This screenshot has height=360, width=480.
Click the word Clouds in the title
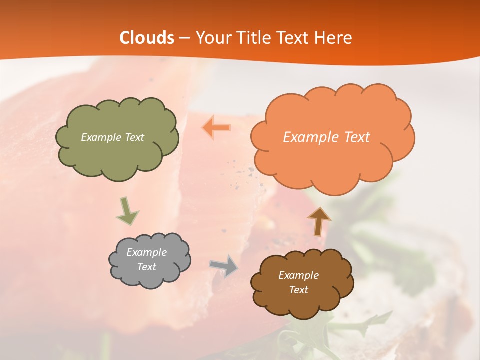click(x=147, y=38)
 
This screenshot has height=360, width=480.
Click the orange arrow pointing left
click(x=216, y=128)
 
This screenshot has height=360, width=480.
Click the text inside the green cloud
click(x=112, y=137)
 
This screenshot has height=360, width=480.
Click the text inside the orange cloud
click(x=326, y=137)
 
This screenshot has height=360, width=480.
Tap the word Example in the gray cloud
click(x=146, y=252)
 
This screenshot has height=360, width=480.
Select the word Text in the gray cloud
click(x=146, y=267)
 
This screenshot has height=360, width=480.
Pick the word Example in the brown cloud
click(x=298, y=275)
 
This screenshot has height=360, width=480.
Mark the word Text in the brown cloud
click(x=298, y=290)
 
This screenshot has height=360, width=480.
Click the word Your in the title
click(x=210, y=38)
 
